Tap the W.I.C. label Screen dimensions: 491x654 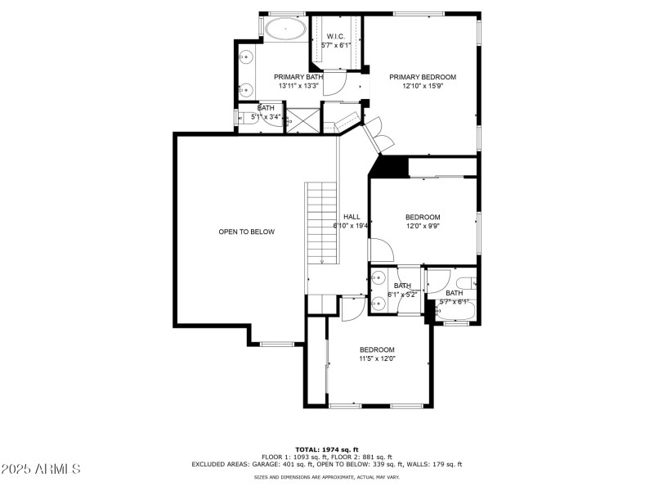point(335,37)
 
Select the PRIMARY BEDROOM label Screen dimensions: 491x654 point(422,77)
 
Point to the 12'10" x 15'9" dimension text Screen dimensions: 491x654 point(422,86)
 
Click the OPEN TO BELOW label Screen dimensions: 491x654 point(246,232)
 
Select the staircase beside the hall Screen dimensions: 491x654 point(321,222)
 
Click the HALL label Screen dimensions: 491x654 point(352,217)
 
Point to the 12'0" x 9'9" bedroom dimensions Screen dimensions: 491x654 point(423,226)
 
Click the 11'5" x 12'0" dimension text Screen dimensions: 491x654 point(377,358)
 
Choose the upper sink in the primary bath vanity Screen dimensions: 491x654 point(246,58)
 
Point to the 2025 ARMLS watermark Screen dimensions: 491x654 point(41,469)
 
